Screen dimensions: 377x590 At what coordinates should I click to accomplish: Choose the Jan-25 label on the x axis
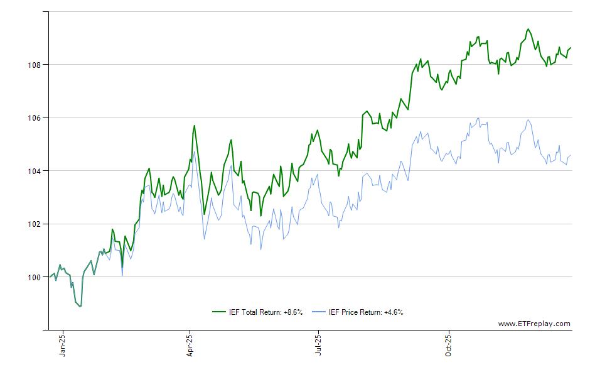[x=63, y=346]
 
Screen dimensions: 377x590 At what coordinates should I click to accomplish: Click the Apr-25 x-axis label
[x=190, y=346]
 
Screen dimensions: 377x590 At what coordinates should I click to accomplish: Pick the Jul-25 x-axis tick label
[x=318, y=346]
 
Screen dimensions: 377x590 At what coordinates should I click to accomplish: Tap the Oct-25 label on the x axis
[x=448, y=346]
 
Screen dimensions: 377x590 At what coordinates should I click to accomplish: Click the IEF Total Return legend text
[x=266, y=312]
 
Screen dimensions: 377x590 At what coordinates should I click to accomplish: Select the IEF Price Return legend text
[x=367, y=312]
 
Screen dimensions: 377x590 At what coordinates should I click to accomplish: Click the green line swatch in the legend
[x=219, y=312]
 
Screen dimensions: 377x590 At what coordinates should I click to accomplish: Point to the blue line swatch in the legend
[x=320, y=312]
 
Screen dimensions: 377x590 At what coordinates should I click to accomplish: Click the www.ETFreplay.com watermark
[x=534, y=324]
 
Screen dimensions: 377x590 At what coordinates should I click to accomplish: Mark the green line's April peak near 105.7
[x=194, y=126]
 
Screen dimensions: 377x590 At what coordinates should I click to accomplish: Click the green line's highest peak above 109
[x=528, y=29]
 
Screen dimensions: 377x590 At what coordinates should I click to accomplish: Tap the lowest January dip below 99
[x=80, y=306]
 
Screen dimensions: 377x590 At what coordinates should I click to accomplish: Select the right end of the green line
[x=571, y=48]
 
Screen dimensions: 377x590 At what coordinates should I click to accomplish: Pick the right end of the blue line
[x=571, y=155]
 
